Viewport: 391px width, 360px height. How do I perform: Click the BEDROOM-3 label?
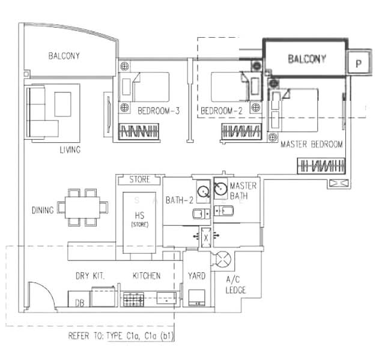(x=159, y=110)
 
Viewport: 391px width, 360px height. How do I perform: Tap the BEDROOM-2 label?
(x=222, y=110)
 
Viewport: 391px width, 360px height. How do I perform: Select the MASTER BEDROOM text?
(x=312, y=144)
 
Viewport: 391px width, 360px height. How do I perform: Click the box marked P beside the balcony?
(x=359, y=62)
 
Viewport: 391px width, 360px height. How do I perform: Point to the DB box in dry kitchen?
(x=79, y=299)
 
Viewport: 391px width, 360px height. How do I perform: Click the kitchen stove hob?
(x=134, y=299)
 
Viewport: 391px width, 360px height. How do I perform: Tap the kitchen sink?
(x=166, y=298)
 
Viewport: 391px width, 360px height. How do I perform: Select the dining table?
(x=82, y=207)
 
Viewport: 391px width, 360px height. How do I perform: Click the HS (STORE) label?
(x=139, y=219)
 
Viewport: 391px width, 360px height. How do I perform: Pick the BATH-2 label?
(x=180, y=200)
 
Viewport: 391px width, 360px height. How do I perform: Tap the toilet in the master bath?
(x=223, y=211)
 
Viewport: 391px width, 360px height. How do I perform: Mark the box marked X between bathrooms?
(x=206, y=238)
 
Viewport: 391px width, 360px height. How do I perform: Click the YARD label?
(x=197, y=276)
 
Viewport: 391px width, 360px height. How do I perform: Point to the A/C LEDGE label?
(x=235, y=285)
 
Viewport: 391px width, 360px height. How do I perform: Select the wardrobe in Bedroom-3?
(x=139, y=131)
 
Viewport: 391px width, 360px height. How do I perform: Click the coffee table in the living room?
(x=62, y=104)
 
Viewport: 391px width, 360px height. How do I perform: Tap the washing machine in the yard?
(x=197, y=298)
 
